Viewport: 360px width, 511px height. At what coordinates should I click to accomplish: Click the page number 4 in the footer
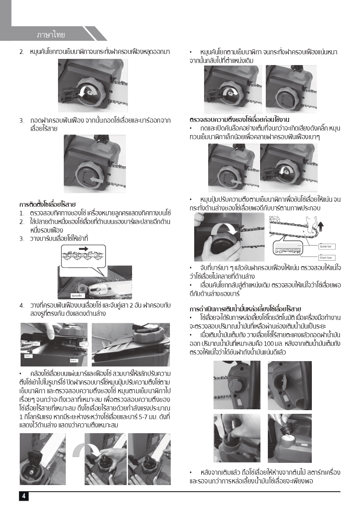pyautogui.click(x=23, y=496)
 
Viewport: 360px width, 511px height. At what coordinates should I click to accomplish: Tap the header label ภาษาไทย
pyautogui.click(x=50, y=34)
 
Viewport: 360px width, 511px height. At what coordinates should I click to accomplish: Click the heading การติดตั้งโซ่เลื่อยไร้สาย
pyautogui.click(x=47, y=204)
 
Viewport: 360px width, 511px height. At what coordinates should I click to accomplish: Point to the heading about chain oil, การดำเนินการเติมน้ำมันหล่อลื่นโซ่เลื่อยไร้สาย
pyautogui.click(x=245, y=309)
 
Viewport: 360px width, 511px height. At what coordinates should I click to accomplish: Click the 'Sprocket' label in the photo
pyautogui.click(x=77, y=295)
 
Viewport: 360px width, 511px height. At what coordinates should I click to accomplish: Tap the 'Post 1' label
pyautogui.click(x=36, y=343)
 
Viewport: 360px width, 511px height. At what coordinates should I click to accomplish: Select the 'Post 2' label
pyautogui.click(x=83, y=344)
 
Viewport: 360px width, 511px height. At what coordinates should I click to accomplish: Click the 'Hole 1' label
pyautogui.click(x=28, y=356)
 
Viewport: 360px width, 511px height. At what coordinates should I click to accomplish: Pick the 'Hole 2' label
pyautogui.click(x=73, y=360)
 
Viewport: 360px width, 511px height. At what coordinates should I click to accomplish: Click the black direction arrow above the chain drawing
pyautogui.click(x=84, y=249)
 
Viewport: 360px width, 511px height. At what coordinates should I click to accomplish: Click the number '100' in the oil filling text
pyautogui.click(x=269, y=343)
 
